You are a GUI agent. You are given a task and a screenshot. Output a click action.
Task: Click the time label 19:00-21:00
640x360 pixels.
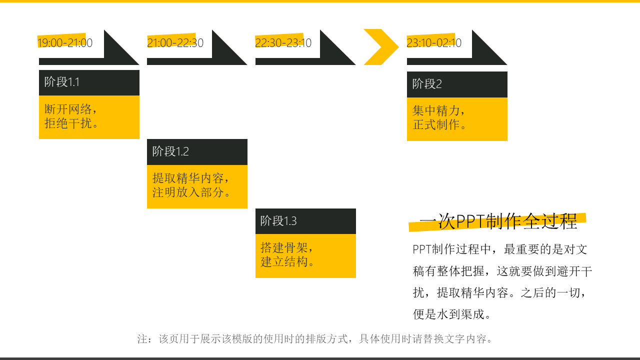[65, 43]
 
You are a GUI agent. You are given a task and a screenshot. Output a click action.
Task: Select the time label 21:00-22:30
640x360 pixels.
[175, 43]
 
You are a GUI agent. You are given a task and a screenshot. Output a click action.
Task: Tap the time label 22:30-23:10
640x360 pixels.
[283, 43]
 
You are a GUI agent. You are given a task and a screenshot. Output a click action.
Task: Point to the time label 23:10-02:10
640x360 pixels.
[434, 43]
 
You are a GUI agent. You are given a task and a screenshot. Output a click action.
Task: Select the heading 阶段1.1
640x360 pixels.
[62, 82]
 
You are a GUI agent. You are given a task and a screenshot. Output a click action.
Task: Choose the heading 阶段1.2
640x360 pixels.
[170, 151]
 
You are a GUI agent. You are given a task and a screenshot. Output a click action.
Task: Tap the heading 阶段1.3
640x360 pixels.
[278, 221]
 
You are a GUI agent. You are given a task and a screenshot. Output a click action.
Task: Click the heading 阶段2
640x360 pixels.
[427, 84]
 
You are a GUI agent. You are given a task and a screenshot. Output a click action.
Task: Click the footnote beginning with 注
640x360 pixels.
[315, 339]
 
